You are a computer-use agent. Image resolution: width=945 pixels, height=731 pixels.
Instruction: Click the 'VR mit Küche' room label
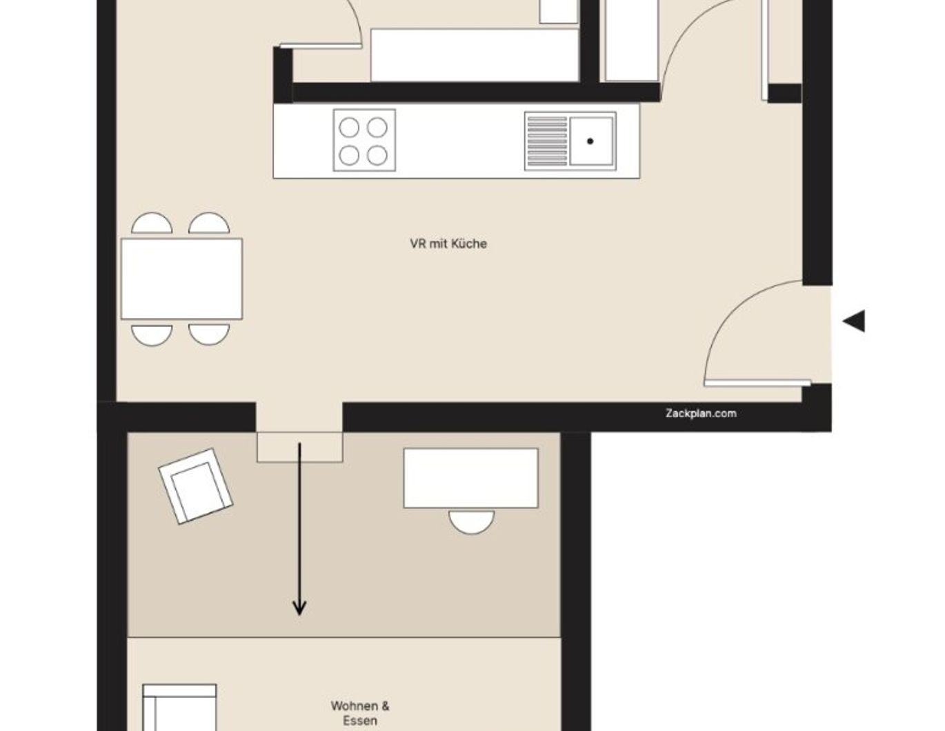point(448,243)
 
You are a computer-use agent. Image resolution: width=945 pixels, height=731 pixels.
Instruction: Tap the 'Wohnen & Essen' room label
point(360,713)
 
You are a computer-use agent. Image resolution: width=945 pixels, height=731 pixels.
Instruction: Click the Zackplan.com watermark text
point(700,413)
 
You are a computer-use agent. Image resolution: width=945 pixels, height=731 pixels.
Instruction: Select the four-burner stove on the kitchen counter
point(364,140)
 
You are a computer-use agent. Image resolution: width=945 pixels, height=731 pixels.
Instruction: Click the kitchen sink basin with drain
point(591,141)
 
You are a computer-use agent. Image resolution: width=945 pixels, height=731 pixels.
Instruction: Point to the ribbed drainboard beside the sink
point(546,141)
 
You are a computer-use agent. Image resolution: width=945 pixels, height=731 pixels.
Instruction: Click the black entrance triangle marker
point(855,321)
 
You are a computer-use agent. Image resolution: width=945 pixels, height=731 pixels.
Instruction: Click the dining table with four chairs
point(181,279)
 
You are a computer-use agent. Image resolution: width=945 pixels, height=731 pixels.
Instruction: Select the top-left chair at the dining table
point(152,225)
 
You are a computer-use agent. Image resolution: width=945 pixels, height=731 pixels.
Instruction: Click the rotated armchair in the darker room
point(195,485)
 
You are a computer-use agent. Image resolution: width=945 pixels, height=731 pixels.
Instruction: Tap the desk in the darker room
point(470,478)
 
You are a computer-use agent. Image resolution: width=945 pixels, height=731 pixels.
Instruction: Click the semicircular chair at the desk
point(471,520)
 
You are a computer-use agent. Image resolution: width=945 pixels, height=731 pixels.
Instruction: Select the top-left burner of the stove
point(349,127)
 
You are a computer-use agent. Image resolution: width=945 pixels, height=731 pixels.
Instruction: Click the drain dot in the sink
point(590,141)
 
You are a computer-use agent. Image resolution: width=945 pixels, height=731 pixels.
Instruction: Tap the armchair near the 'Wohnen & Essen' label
point(179,707)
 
